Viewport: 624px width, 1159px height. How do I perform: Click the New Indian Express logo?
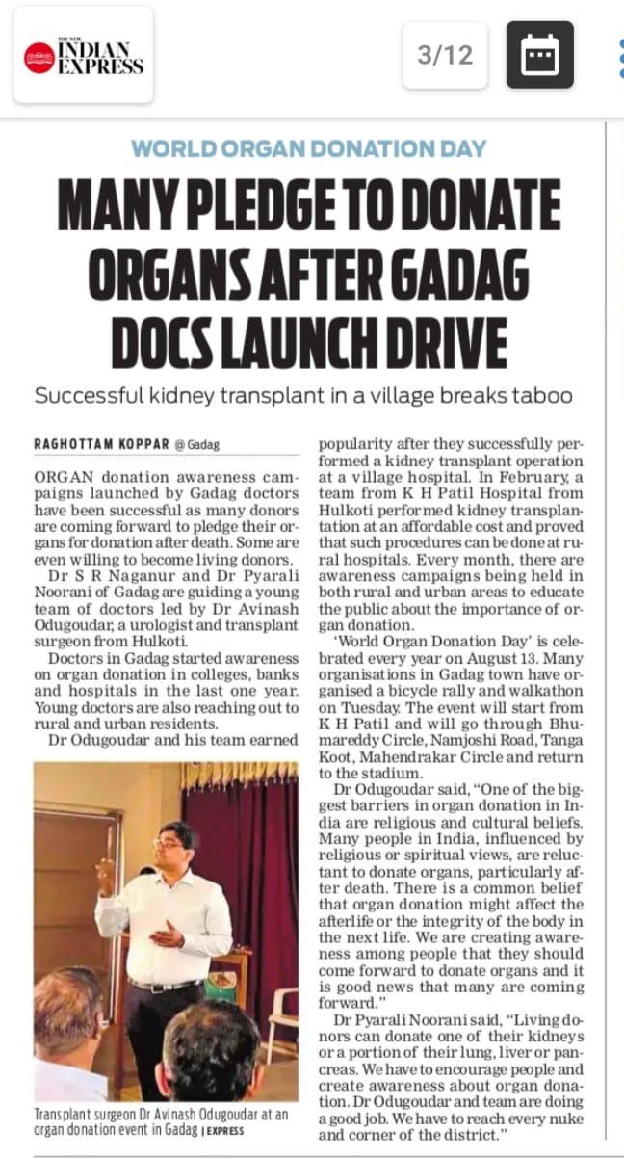(83, 55)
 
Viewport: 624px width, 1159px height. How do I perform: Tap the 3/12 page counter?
(445, 55)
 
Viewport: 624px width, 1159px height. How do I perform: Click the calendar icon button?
(539, 55)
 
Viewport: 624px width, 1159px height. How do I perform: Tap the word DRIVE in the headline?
(438, 342)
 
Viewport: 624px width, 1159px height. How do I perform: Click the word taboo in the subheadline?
(548, 395)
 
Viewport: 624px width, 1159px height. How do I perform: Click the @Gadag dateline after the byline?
(196, 446)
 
